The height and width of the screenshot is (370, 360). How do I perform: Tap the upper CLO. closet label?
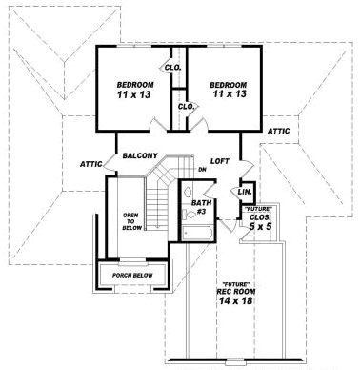pyautogui.click(x=173, y=67)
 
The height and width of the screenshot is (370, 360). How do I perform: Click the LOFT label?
pyautogui.click(x=220, y=161)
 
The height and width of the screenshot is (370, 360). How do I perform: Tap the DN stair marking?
pyautogui.click(x=202, y=171)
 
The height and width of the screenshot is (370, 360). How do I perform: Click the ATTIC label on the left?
pyautogui.click(x=91, y=164)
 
